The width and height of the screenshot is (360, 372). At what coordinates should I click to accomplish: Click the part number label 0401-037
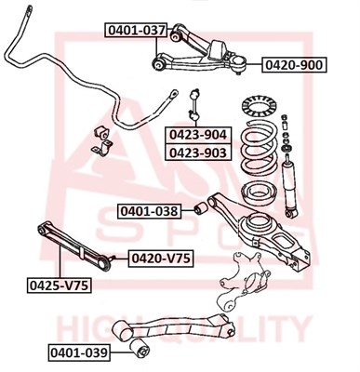(x=137, y=30)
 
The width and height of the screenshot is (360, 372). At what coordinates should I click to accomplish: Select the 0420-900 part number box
(x=294, y=65)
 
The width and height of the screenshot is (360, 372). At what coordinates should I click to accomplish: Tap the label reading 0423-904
(x=198, y=135)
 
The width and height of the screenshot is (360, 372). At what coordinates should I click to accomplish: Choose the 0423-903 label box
(x=198, y=152)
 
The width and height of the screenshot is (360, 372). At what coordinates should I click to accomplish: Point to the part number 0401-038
(x=149, y=211)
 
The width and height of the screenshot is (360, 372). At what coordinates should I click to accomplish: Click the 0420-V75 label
(x=161, y=258)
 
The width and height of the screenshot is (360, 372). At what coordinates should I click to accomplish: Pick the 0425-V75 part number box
(x=59, y=286)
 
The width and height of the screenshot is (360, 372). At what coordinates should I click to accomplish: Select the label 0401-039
(x=79, y=352)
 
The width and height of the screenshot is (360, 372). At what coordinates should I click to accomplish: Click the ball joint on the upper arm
(x=239, y=62)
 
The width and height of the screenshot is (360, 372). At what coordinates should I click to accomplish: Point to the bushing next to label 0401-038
(x=200, y=207)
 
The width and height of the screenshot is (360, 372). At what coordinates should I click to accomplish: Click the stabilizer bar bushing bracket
(x=101, y=140)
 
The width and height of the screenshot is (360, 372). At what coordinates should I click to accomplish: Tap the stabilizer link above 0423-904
(x=195, y=104)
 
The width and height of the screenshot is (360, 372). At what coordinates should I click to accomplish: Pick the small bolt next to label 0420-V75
(x=113, y=258)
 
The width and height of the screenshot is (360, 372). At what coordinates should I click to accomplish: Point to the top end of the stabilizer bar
(x=29, y=9)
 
